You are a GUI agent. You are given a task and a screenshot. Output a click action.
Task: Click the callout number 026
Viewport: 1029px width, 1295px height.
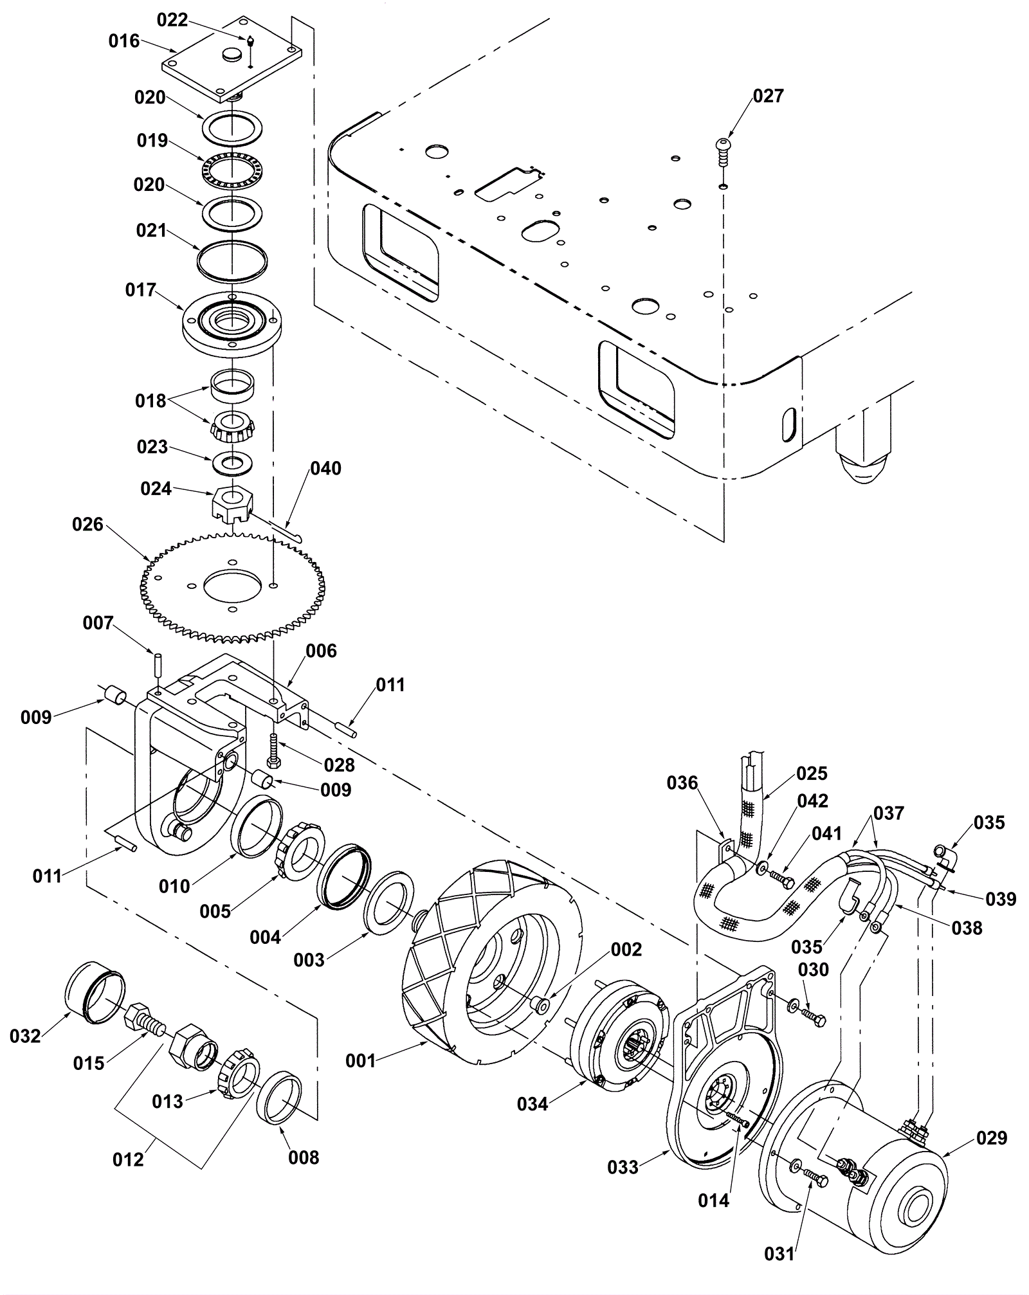click(88, 525)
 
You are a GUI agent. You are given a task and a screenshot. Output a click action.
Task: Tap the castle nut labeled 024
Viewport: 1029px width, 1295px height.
click(232, 502)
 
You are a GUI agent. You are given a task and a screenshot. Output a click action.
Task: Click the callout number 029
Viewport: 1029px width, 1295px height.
click(992, 1137)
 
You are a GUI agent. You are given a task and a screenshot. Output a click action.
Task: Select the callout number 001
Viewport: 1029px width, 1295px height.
click(360, 1060)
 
